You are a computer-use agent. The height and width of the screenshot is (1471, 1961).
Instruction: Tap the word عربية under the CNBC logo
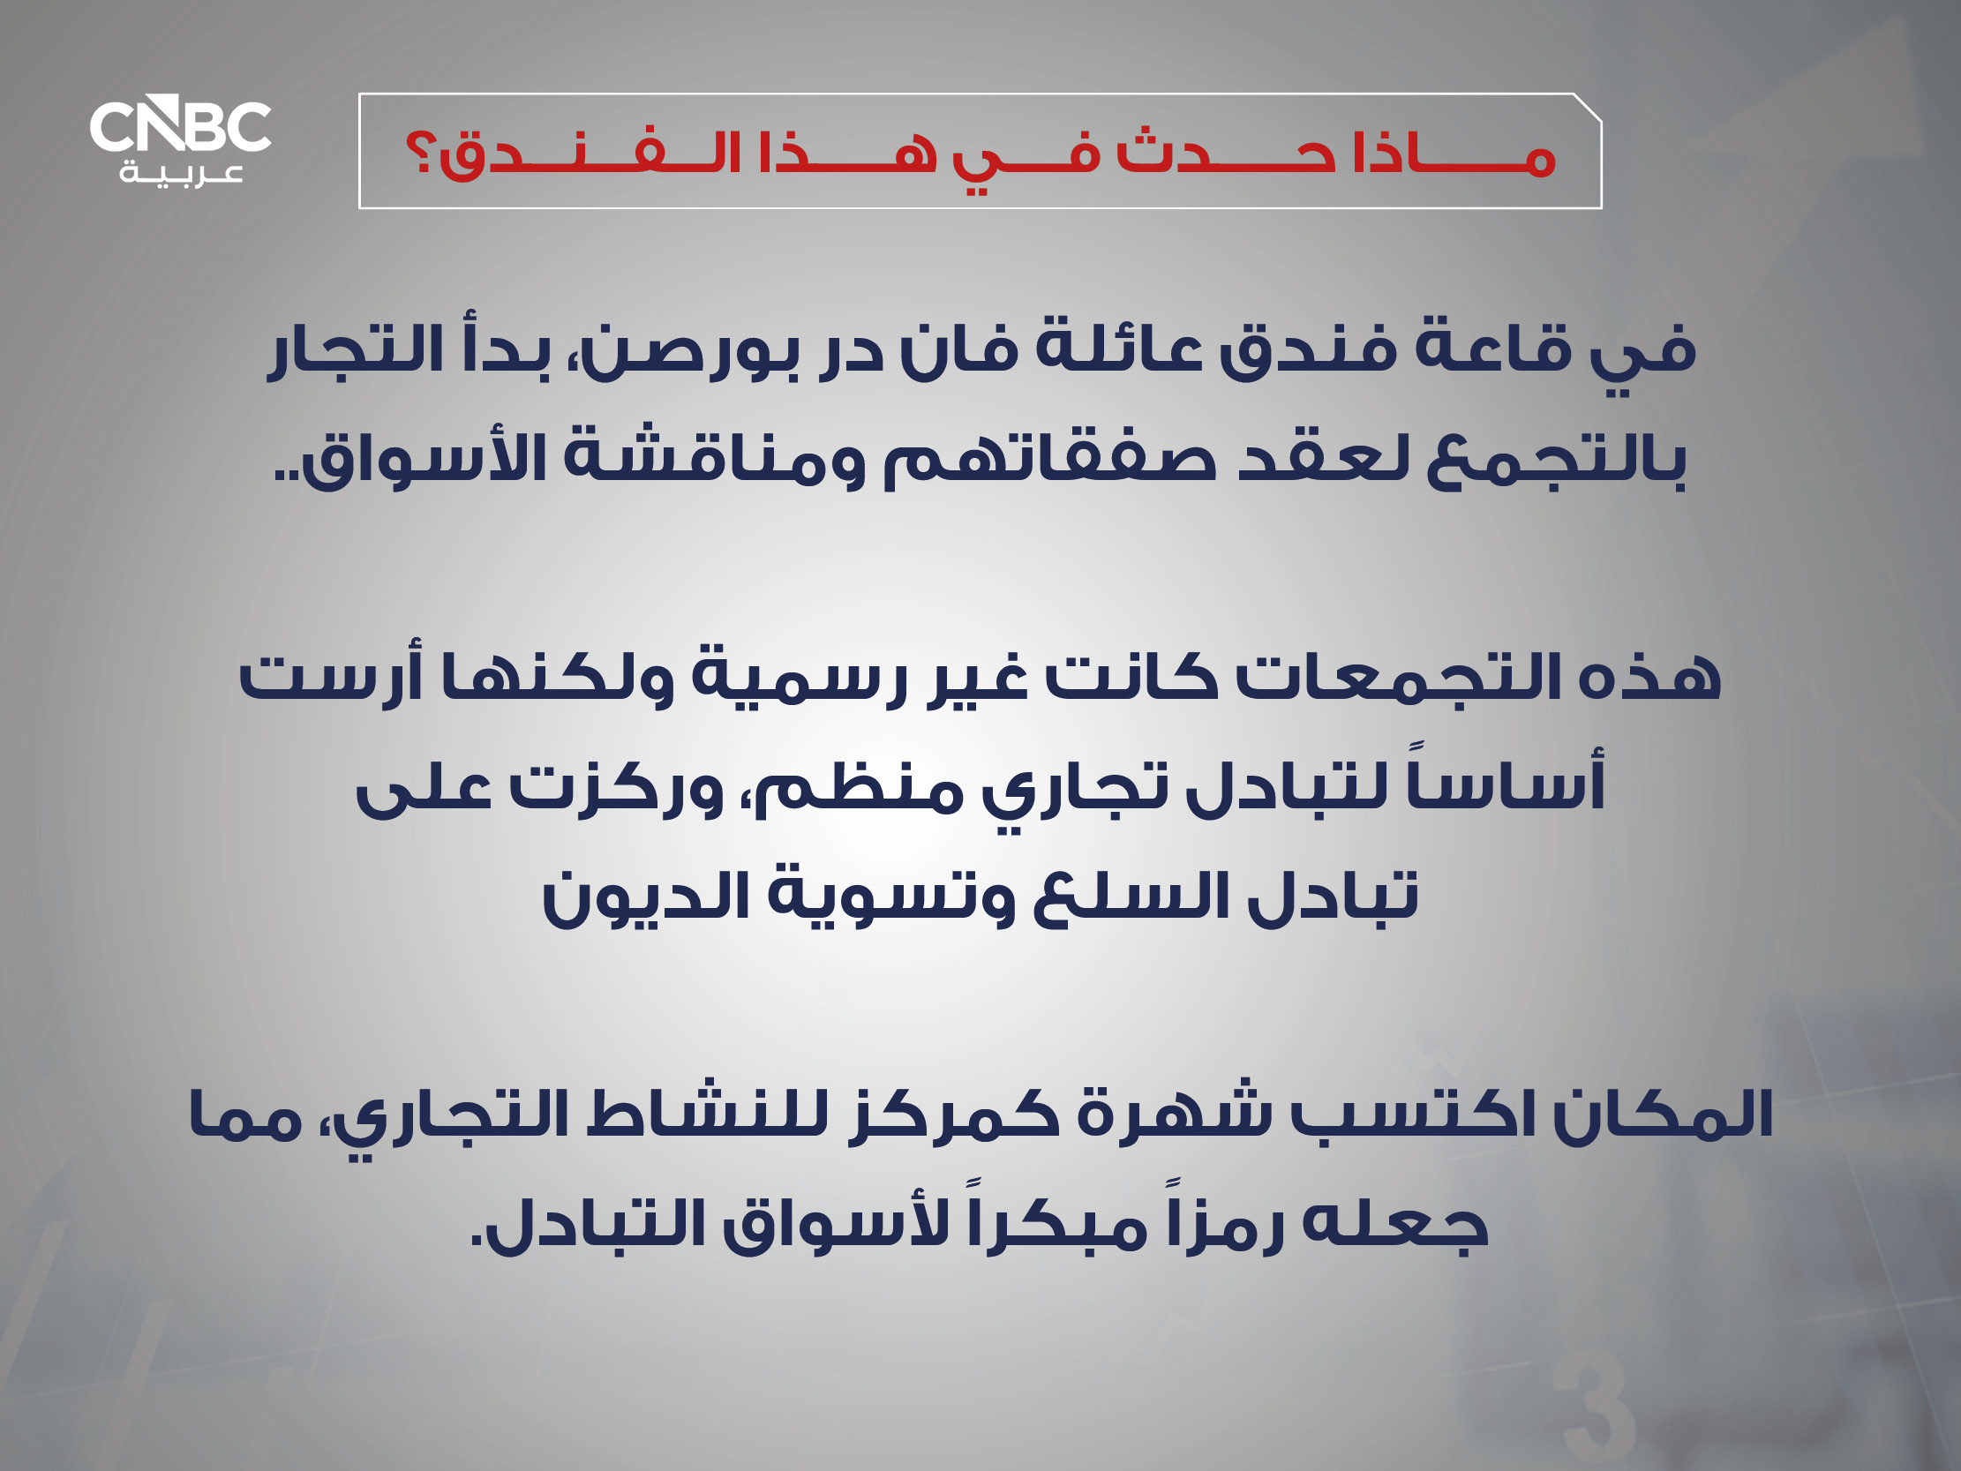[x=182, y=172]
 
